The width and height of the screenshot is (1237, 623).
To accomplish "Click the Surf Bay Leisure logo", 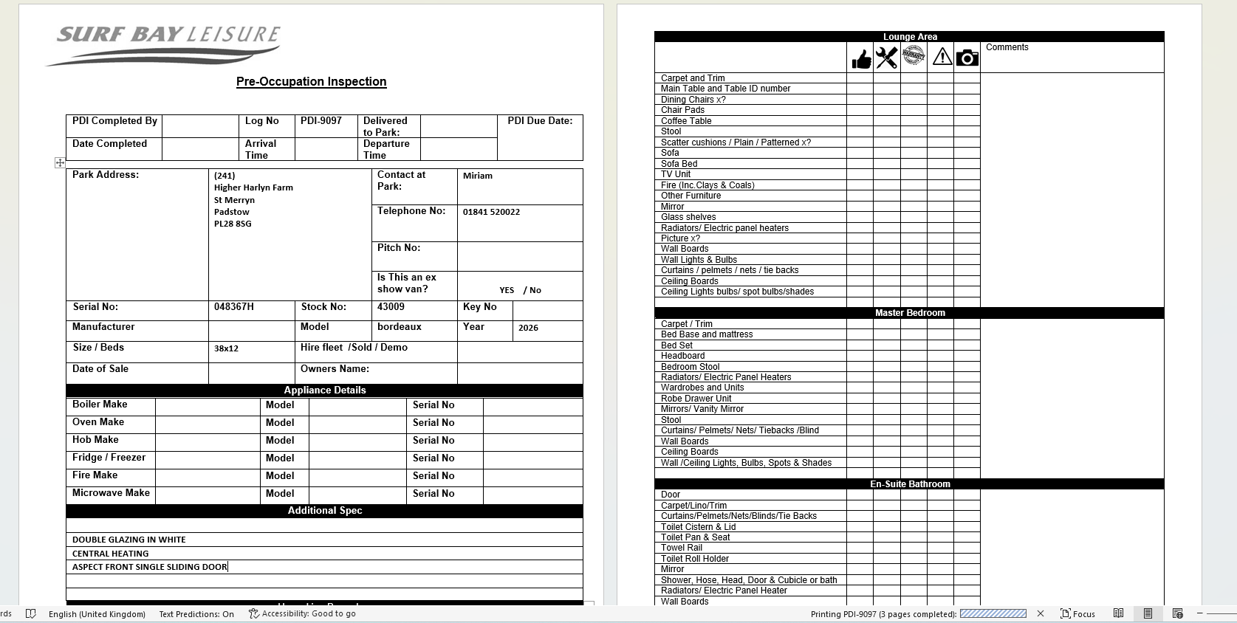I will (x=164, y=44).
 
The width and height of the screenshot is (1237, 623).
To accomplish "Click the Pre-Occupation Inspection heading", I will (x=311, y=82).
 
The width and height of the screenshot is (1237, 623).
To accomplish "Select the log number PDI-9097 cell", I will (x=321, y=121).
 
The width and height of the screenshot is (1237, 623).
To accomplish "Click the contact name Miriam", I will (x=478, y=176).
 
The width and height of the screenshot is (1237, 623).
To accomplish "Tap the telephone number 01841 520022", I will (x=491, y=212).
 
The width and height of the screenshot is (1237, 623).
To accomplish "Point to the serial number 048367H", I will (x=234, y=307).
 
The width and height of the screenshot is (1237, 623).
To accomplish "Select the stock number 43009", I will (x=391, y=307).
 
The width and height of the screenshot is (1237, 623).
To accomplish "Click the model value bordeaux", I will (x=400, y=327).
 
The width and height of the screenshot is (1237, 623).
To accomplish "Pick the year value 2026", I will (x=528, y=328).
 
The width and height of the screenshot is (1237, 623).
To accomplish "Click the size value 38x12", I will (x=226, y=348).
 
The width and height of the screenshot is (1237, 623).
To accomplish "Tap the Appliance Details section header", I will (x=325, y=390).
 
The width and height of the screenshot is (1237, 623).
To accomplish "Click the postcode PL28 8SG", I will (x=233, y=224).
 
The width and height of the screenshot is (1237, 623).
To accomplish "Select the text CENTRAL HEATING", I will (x=111, y=554).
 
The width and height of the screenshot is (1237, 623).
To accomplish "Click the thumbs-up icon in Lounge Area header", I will (x=861, y=58).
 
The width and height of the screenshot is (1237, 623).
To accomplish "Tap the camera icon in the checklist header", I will (x=967, y=58).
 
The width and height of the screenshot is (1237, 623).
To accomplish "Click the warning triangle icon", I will (x=942, y=57).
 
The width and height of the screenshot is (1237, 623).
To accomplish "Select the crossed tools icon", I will (x=886, y=58).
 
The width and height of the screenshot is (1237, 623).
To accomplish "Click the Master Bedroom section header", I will (x=910, y=313).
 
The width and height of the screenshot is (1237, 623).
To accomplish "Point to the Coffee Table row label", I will (x=686, y=121).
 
